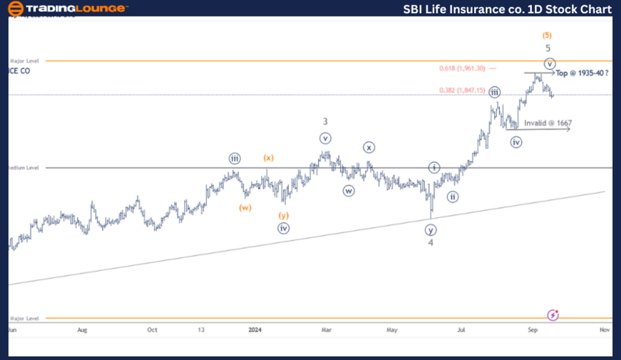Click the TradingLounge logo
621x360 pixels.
[68, 8]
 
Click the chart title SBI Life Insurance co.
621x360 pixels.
[508, 9]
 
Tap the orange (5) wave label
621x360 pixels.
[547, 35]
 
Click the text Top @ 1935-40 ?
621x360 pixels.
[582, 72]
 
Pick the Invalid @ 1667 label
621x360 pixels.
[548, 123]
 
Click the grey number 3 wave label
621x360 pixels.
[325, 121]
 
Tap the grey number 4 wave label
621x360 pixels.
[431, 242]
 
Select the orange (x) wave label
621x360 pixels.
[268, 157]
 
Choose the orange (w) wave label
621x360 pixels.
[245, 207]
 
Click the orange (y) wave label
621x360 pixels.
[284, 215]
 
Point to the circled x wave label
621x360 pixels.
[369, 147]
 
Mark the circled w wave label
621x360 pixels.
[349, 190]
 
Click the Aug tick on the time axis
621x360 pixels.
[82, 330]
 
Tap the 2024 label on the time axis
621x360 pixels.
[256, 330]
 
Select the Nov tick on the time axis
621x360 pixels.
[604, 330]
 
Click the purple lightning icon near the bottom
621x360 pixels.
[553, 315]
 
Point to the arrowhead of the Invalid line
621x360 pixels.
[569, 129]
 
